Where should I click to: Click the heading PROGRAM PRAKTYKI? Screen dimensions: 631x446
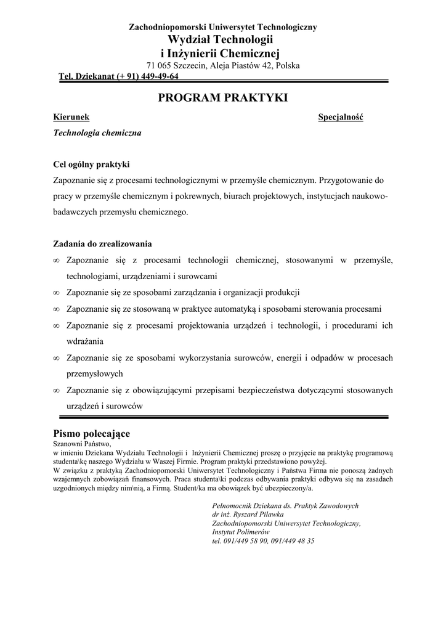click(x=223, y=98)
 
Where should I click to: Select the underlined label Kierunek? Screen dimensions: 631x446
click(x=71, y=117)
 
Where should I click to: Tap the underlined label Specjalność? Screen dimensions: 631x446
click(x=341, y=117)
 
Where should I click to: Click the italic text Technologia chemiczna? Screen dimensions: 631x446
click(x=97, y=132)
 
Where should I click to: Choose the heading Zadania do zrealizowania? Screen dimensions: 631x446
click(x=103, y=244)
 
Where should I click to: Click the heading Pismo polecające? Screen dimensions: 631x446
click(x=92, y=433)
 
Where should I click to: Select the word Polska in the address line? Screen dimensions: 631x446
click(x=288, y=66)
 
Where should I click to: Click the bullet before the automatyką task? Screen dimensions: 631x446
click(x=56, y=309)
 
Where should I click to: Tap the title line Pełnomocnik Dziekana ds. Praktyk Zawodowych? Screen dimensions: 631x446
click(x=285, y=505)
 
